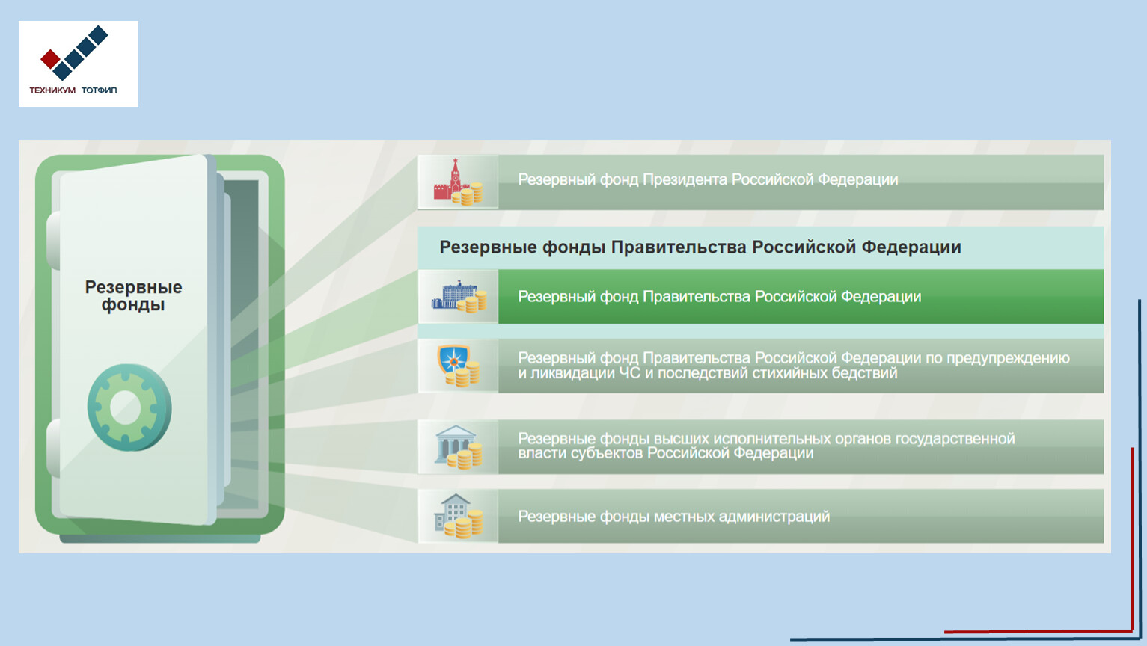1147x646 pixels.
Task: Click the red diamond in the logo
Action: point(51,59)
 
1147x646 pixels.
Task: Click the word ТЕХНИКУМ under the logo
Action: point(52,90)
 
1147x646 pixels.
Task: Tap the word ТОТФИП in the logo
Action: point(100,90)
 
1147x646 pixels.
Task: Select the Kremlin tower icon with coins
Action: point(458,182)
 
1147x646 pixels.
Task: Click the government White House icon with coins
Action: point(459,296)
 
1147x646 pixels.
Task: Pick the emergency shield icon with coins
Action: point(459,366)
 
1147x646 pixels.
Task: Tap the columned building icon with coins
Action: point(459,447)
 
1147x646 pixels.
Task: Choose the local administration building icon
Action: point(459,516)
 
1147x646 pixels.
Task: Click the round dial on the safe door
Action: point(129,407)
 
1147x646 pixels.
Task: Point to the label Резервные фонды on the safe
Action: point(133,296)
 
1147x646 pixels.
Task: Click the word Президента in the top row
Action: point(685,179)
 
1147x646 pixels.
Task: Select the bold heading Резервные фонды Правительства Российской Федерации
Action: point(700,247)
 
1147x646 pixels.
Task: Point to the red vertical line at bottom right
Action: point(1133,539)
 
